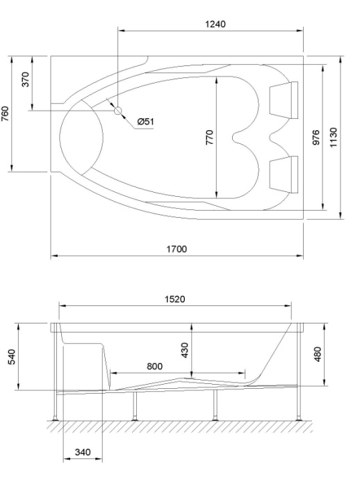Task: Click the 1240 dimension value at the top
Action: pos(215,24)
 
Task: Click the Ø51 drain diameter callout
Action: pos(145,122)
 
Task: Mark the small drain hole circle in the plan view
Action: pos(118,110)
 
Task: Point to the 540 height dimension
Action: pos(10,357)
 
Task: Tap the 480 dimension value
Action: pos(318,355)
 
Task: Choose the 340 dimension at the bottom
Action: pos(83,453)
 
